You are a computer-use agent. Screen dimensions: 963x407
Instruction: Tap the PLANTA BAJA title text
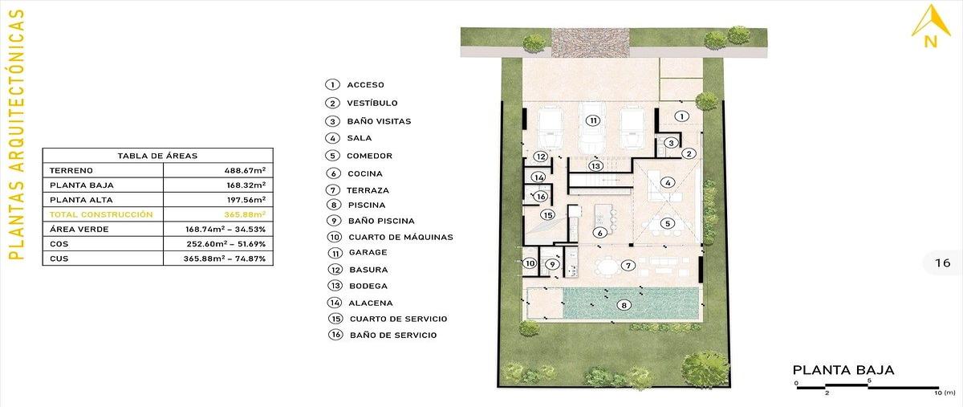(843, 369)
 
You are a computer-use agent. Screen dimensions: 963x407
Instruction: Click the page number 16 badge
(943, 263)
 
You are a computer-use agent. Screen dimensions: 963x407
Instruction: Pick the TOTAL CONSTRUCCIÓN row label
(101, 214)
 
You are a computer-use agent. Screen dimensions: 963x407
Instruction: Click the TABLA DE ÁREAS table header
(157, 156)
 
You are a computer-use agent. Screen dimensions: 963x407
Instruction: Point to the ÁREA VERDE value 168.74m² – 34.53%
(226, 229)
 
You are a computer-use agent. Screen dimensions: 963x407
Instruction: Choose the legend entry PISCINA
(367, 205)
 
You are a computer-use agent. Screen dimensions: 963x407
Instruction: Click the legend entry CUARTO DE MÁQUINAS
(400, 237)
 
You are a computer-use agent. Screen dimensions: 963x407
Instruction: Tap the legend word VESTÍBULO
(372, 103)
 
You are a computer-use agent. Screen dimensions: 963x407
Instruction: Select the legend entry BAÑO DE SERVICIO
(393, 335)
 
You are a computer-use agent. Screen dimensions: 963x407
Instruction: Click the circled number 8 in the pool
(624, 305)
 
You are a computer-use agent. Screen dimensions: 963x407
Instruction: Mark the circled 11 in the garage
(593, 120)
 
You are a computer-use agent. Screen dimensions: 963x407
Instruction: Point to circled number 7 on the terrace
(628, 266)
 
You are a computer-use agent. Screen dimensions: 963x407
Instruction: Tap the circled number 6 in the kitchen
(599, 233)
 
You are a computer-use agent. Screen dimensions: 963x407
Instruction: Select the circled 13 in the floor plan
(595, 165)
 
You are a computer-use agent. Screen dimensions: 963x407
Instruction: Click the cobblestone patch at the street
(591, 43)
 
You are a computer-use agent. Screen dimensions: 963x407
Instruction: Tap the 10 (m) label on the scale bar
(944, 393)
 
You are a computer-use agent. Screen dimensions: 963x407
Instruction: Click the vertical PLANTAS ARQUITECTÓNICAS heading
(16, 134)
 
